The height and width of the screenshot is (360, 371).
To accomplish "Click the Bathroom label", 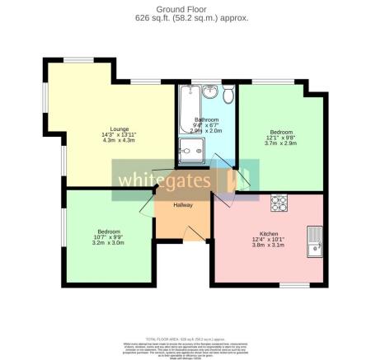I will tap(206, 119).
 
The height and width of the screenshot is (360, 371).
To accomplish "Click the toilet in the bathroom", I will tap(227, 92).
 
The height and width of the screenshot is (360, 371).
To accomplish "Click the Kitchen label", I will tap(270, 234).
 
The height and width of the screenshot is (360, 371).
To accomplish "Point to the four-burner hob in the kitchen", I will tap(279, 201).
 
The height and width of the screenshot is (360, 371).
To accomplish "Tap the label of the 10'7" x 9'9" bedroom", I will tap(108, 231).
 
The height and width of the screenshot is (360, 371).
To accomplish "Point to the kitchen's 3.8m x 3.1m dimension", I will tap(270, 245).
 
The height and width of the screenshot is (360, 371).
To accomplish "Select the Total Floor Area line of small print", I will tap(185, 339).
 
